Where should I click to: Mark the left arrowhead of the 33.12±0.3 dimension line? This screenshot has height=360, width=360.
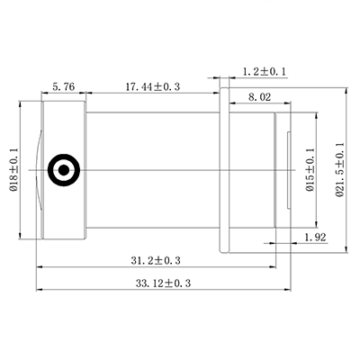[x=39, y=291]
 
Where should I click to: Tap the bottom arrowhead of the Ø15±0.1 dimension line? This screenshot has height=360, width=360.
[x=319, y=224]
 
